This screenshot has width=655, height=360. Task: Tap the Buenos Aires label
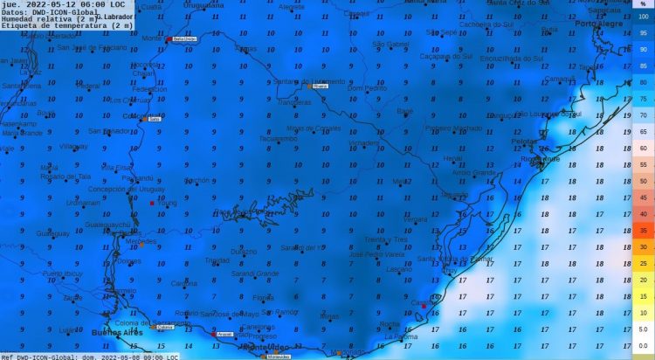coord(115,333)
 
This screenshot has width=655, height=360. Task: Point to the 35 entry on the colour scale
coord(643,231)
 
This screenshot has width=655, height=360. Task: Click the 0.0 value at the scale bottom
coord(642,346)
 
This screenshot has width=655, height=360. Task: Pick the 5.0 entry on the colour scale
coord(643,329)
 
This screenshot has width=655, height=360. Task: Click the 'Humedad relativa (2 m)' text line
coord(44,19)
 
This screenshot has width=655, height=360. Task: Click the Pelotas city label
coord(524,141)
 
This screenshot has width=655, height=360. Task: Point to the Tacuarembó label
coord(279,138)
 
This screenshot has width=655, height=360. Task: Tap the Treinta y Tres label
coord(386,239)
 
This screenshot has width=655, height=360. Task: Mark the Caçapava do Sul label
coord(445,57)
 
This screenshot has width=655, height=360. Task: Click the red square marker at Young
coord(152,204)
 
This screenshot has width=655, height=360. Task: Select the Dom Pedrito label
coord(367,88)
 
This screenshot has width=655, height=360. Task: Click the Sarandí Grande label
coord(254,273)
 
